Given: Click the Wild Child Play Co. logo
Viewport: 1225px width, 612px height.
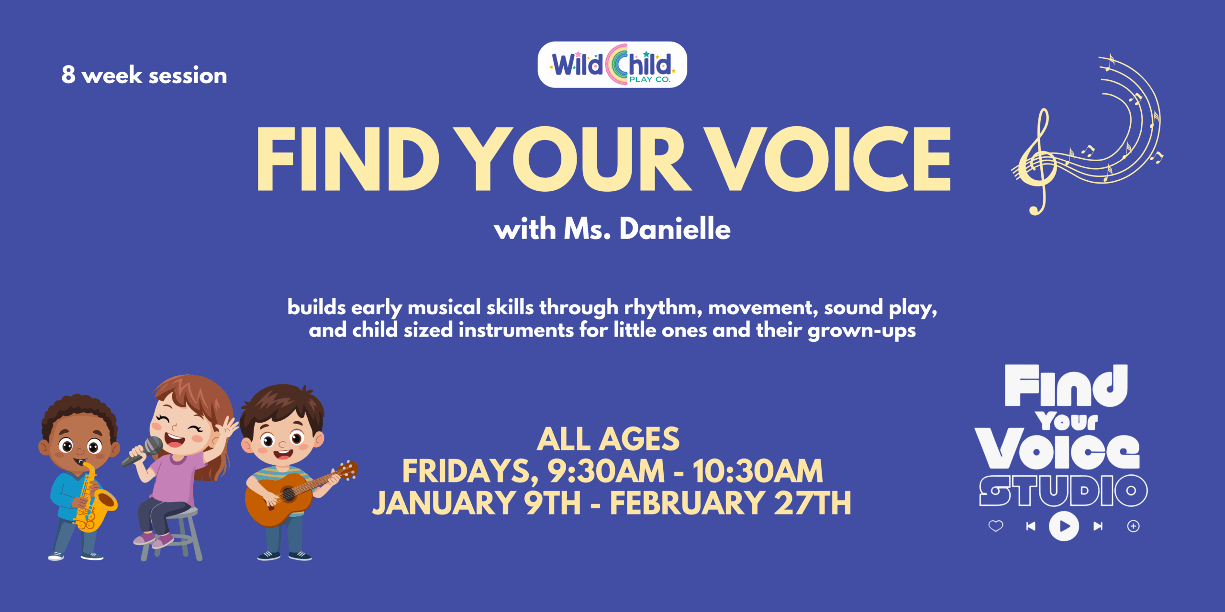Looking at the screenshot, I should click(612, 65).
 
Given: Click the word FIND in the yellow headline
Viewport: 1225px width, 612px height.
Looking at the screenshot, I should click(347, 159).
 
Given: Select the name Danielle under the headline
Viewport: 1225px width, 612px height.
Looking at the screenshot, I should click(675, 229).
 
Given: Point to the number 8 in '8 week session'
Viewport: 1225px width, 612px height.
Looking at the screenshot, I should click(68, 75).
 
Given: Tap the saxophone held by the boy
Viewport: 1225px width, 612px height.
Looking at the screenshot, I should click(93, 502).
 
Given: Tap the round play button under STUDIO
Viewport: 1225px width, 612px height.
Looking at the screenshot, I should click(1064, 526).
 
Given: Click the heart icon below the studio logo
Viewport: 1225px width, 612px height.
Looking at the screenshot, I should click(996, 526).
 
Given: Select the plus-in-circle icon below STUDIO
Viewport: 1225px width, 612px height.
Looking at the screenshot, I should click(1133, 526).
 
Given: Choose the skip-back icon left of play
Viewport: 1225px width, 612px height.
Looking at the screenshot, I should click(1031, 526).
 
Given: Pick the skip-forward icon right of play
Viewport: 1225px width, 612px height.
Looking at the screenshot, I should click(1098, 526).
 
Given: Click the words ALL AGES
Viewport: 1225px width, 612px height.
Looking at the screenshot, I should click(608, 439).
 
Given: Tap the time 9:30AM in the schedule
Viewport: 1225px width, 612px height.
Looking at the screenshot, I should click(606, 471).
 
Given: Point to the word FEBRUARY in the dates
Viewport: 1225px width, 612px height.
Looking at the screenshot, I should click(687, 503).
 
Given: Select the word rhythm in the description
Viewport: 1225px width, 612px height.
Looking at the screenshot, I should click(663, 307).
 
